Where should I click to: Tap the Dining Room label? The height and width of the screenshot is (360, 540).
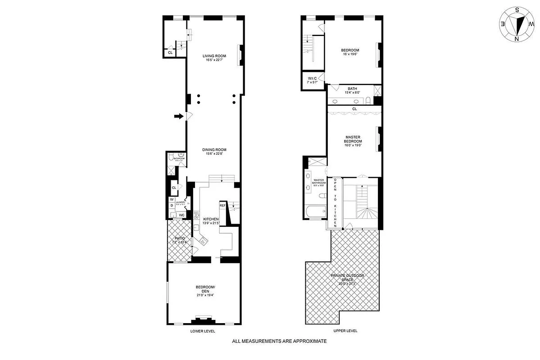[214, 152]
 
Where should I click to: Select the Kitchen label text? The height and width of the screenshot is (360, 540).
[211, 220]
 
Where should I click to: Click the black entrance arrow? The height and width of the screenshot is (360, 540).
[179, 117]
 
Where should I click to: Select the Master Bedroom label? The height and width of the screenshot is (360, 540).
[354, 141]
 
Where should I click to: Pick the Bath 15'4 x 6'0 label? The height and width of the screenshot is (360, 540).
[353, 90]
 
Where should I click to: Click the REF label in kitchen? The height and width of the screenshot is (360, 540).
[222, 205]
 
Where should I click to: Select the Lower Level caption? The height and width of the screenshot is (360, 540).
[203, 331]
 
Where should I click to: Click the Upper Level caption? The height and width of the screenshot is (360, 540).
[345, 331]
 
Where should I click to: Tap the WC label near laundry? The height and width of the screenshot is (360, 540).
[182, 215]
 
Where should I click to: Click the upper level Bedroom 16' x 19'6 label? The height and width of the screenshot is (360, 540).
[349, 52]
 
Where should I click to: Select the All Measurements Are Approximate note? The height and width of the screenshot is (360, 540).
[279, 342]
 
